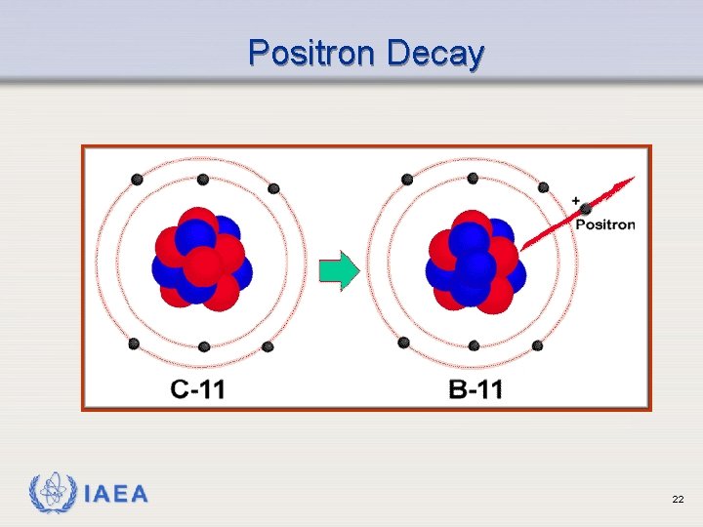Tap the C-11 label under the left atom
[198, 390]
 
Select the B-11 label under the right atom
[476, 390]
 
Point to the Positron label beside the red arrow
[604, 224]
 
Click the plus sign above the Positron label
[576, 201]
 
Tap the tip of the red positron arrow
[632, 179]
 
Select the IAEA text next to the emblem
[116, 495]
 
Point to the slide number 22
[678, 500]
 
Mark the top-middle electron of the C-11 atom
[203, 180]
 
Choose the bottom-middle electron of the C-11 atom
[204, 346]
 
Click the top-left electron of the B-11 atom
[407, 179]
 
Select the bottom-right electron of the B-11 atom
[537, 345]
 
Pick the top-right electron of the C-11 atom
[273, 187]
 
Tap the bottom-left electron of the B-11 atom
[404, 342]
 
